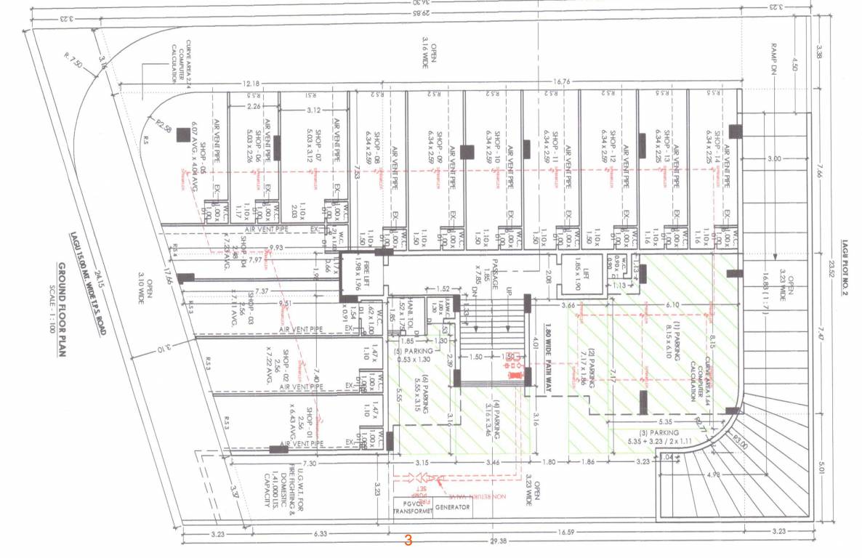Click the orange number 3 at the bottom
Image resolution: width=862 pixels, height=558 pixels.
point(408,541)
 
